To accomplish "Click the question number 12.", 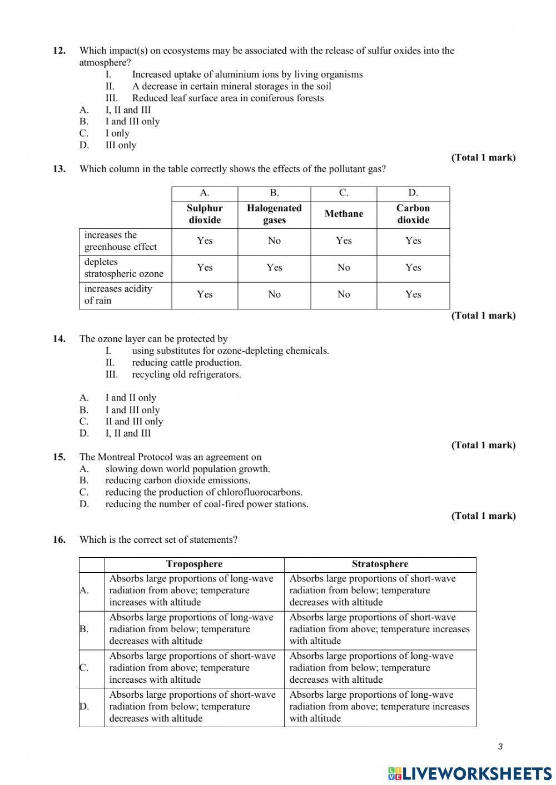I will point(59,51).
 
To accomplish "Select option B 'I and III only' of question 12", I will point(132,122).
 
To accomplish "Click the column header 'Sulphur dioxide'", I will point(205,214).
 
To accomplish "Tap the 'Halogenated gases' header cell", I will point(274,214).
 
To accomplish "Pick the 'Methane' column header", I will point(344,214).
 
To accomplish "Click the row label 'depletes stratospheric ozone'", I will point(124,268).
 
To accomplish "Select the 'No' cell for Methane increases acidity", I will point(344,294).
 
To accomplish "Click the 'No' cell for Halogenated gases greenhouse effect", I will point(274,241).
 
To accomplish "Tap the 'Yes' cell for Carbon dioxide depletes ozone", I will point(413,268).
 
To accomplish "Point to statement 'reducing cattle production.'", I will point(186,363).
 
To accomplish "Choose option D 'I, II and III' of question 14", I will point(128,433).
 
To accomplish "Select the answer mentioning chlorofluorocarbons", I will point(203,492).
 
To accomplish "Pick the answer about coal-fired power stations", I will point(206,504).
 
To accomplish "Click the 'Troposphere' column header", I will point(194,564).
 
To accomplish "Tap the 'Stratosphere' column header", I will point(380,564).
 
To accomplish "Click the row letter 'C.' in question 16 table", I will point(84,668).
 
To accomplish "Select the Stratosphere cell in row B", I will point(379,629).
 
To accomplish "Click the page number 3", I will point(500,747).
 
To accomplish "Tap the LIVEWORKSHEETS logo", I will point(470,773).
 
